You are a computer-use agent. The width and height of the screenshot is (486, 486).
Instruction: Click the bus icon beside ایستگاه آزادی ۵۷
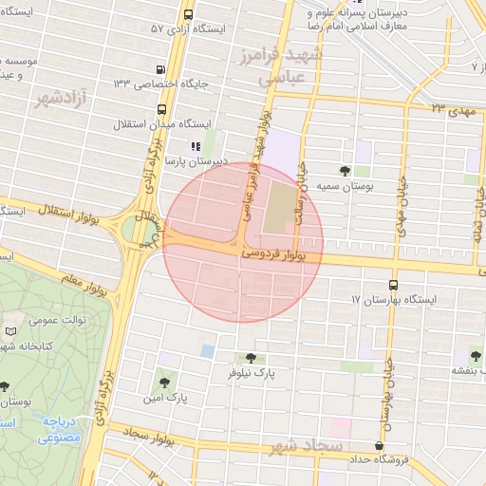point(188,15)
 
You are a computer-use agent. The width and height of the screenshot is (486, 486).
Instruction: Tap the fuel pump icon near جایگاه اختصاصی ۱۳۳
point(160,69)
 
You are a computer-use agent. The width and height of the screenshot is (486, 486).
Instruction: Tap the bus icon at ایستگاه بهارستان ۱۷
point(393,284)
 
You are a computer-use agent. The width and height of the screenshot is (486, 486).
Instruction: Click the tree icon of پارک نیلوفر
point(250,358)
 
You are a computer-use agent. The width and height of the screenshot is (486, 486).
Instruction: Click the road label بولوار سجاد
point(145,436)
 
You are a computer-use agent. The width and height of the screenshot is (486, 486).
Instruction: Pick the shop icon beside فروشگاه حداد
point(380,446)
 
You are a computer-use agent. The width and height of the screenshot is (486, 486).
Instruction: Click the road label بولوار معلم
point(59,274)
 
